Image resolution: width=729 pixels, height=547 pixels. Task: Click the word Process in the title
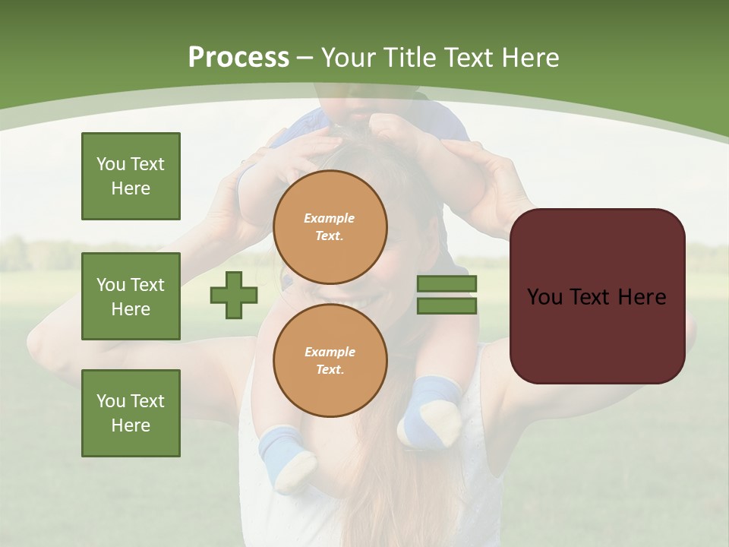point(238,58)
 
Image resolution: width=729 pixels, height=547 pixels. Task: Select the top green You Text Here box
point(131,176)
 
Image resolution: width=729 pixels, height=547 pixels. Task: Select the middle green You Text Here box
point(131,296)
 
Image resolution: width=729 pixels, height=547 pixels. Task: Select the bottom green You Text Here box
point(131,413)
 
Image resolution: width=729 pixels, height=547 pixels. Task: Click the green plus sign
point(234,295)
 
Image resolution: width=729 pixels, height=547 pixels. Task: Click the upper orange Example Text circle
point(330,226)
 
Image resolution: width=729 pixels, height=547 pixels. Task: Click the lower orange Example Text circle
point(330,360)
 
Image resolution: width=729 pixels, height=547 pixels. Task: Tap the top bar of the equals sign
point(447,284)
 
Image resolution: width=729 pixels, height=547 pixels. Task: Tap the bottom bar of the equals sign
point(447,305)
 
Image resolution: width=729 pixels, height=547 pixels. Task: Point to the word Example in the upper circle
point(330,218)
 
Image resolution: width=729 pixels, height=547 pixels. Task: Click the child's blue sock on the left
point(285,456)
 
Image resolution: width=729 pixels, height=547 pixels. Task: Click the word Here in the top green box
point(131,188)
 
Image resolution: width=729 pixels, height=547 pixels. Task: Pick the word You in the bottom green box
point(110,401)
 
